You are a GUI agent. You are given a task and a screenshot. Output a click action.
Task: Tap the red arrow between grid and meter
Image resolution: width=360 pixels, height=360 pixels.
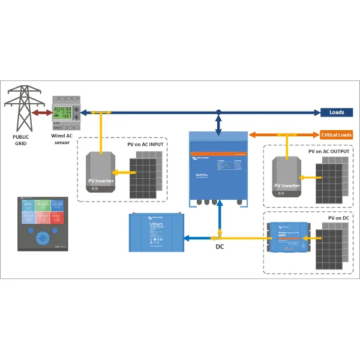(x=43, y=112)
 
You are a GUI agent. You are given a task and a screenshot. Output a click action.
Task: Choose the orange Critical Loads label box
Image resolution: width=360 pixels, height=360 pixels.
(x=337, y=135)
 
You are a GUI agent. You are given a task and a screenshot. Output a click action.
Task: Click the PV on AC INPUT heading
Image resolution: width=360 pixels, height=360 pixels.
(x=146, y=145)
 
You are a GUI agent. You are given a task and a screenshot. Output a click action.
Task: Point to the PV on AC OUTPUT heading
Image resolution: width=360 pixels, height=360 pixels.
(x=329, y=152)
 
